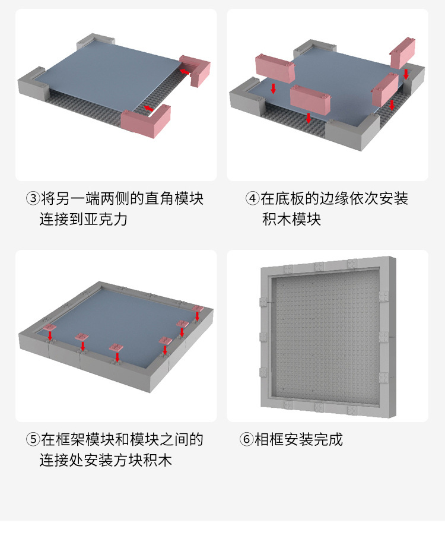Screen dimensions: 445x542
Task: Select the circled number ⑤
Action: point(33,440)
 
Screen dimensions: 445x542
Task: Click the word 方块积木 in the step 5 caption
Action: point(145,460)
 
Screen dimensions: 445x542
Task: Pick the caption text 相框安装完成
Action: point(298,440)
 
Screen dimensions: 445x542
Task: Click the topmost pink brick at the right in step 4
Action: point(403,52)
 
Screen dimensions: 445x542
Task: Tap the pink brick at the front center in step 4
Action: point(310,99)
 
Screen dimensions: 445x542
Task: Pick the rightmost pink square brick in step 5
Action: point(198,310)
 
